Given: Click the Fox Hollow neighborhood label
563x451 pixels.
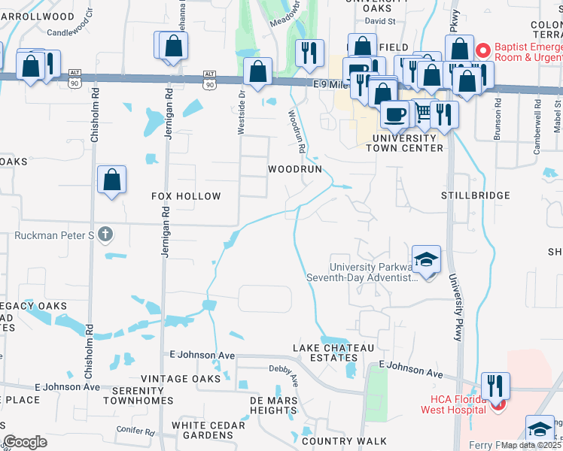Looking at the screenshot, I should click(186, 196).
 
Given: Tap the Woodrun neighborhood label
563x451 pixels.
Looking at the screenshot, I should click(296, 170).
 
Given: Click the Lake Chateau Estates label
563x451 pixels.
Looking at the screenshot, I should click(333, 353).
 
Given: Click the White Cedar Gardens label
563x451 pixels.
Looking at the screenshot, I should click(208, 431).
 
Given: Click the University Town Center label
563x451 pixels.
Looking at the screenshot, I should click(404, 143).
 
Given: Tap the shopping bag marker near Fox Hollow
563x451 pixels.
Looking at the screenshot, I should click(111, 180).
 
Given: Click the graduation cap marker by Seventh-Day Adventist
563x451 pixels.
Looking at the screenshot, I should click(426, 260).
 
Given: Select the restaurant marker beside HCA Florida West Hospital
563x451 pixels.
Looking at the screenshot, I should click(495, 386).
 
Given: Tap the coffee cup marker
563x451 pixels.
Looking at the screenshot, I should click(394, 114).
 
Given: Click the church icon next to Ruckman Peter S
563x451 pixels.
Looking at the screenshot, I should click(105, 235).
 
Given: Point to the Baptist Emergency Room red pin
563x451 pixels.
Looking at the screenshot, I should click(482, 51).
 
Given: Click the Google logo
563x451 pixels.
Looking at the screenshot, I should click(26, 442).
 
